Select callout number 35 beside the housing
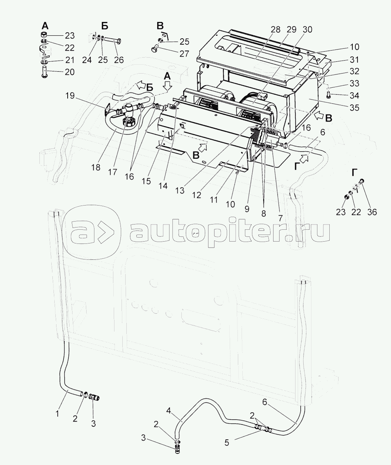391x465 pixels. [354, 108]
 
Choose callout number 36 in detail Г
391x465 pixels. [372, 212]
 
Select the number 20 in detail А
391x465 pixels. [70, 72]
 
